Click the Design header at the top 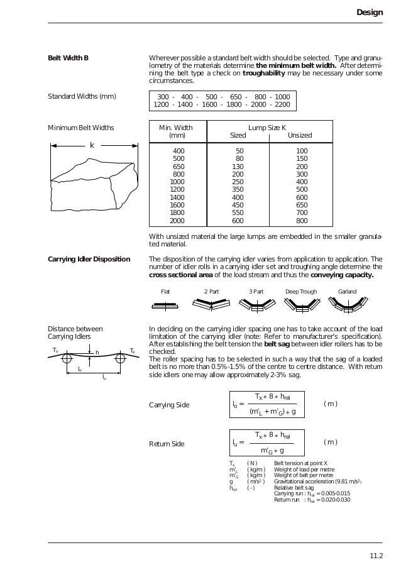(x=369, y=12)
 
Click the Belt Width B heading (x=69, y=58)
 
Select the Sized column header (x=238, y=135)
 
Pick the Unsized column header (x=299, y=135)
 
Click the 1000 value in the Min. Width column (x=177, y=182)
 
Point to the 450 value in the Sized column (x=238, y=205)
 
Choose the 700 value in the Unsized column (x=302, y=212)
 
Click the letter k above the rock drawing (x=92, y=145)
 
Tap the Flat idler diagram (x=166, y=307)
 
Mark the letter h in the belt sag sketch (x=97, y=353)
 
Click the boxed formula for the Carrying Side (x=265, y=404)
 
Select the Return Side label (x=167, y=444)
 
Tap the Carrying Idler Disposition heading (x=89, y=259)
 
